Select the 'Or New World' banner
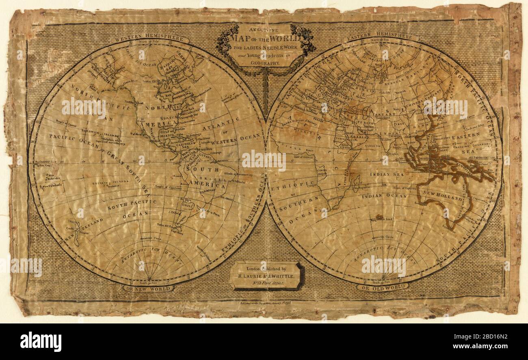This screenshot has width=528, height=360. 148,288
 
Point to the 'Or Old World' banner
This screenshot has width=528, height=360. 382,287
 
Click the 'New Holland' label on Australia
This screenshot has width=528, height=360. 443,198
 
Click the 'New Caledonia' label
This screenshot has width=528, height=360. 52,186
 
